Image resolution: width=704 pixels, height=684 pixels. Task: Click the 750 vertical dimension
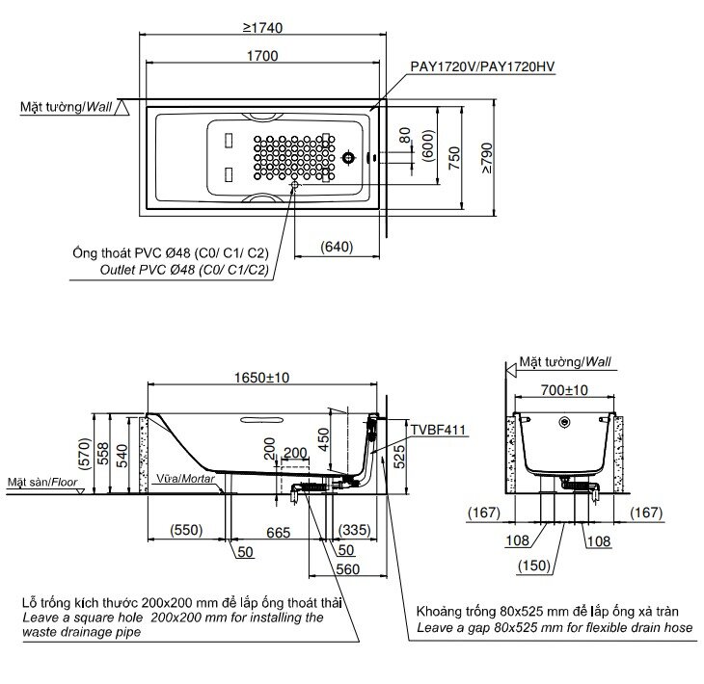pos(453,154)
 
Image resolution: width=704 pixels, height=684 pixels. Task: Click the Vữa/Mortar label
pos(180,478)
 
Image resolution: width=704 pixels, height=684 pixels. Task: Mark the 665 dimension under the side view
pos(278,531)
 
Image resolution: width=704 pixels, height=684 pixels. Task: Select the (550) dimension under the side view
pos(186,531)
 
